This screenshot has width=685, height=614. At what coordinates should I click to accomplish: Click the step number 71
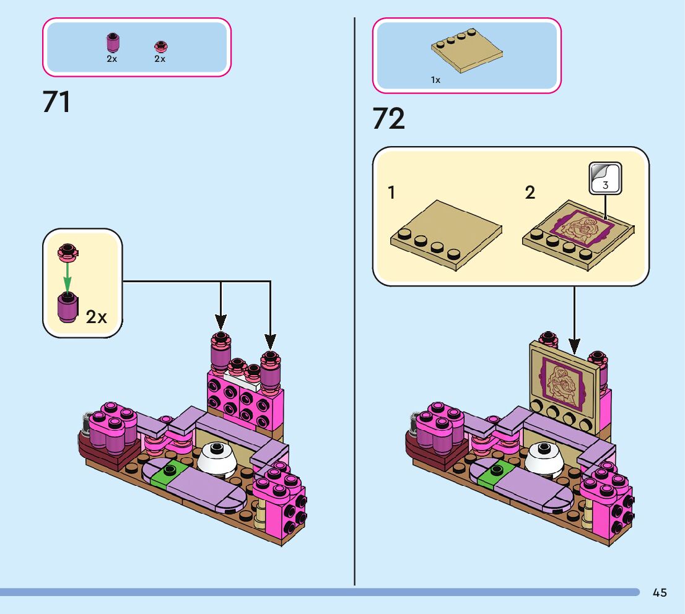point(57,102)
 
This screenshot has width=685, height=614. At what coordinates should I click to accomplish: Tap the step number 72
point(388,119)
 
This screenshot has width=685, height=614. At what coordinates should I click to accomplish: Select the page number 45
point(660,593)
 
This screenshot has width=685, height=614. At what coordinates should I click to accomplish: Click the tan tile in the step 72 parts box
point(466,51)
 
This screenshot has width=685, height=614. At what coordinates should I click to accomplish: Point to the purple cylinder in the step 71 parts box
point(112,43)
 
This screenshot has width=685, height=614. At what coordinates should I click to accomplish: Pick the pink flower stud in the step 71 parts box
point(160,46)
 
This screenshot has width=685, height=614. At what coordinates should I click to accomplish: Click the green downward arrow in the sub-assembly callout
point(68,275)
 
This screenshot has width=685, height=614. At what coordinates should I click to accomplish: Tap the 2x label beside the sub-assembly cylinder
point(97,318)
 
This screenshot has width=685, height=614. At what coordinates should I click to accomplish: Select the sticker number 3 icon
point(604,177)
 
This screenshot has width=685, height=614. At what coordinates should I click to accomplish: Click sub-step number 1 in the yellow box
point(391,192)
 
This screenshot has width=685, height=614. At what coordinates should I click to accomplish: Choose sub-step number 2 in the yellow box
point(530,192)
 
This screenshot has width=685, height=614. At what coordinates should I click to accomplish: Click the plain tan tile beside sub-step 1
point(445,232)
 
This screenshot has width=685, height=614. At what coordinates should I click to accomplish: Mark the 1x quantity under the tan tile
point(435,80)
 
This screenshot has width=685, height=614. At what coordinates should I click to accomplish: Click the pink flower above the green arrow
point(68,250)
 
